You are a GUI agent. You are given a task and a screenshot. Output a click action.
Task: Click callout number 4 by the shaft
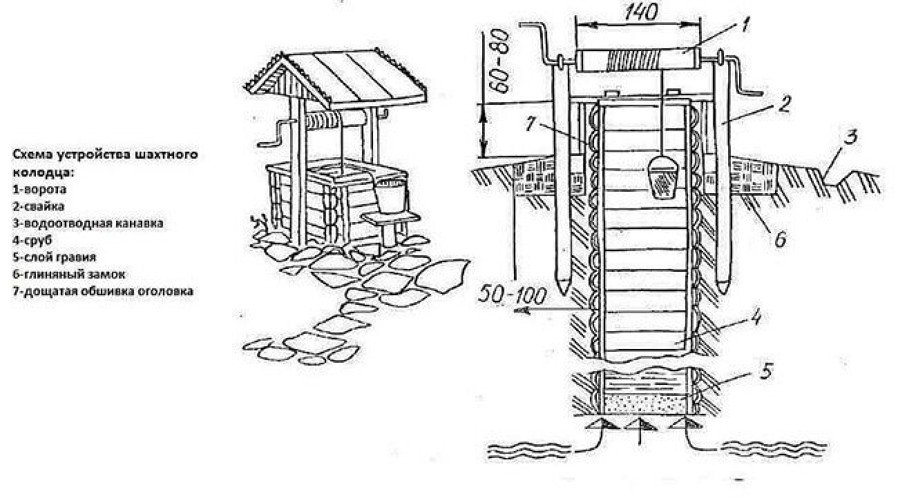coord(756,319)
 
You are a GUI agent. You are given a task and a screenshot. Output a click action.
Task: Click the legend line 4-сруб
coord(32,240)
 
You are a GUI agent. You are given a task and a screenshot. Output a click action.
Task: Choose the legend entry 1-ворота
coord(38,188)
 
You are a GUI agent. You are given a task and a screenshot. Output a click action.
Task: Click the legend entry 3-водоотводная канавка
coord(84,223)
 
